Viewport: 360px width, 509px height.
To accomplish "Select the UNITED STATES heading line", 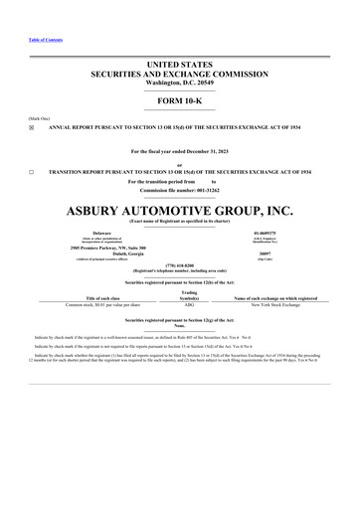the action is [179, 64].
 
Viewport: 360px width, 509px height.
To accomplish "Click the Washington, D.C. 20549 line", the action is [179, 81].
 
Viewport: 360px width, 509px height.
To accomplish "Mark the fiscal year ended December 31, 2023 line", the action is [179, 151].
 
